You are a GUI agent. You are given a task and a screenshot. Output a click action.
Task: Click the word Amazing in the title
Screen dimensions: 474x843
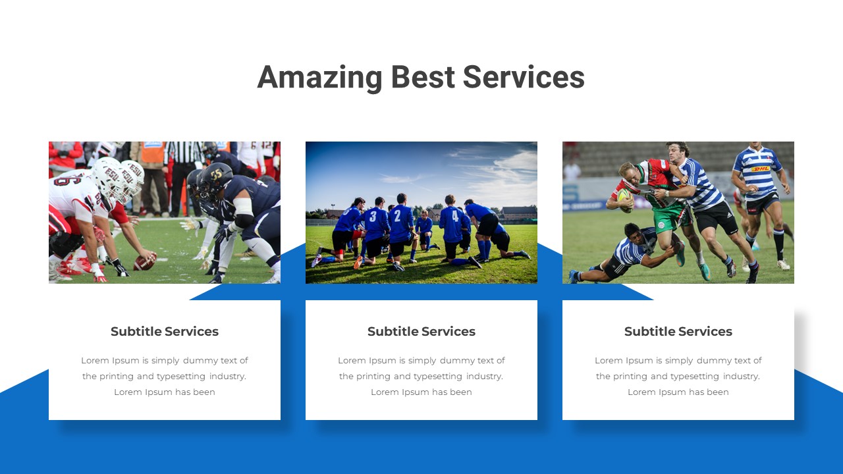[x=319, y=77]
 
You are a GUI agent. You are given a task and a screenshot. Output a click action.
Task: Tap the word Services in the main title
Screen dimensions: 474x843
[x=524, y=77]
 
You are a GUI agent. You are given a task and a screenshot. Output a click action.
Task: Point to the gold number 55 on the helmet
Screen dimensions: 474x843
[x=216, y=174]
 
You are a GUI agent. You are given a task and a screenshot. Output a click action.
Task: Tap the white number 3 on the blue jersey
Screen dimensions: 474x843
[x=373, y=217]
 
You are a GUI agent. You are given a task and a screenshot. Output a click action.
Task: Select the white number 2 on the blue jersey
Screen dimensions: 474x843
[x=397, y=215]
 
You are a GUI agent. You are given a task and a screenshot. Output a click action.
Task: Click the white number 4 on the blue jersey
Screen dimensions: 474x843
[x=455, y=216]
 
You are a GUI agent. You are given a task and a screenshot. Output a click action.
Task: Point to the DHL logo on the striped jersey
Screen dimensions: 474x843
[x=761, y=169]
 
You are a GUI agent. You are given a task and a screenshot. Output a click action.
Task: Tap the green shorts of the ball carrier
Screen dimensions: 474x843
[x=668, y=217]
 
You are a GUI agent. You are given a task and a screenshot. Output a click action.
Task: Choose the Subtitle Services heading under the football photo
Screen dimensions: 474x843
[x=165, y=332]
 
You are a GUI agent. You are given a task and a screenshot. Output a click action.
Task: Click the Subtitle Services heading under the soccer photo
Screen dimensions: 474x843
[x=421, y=332]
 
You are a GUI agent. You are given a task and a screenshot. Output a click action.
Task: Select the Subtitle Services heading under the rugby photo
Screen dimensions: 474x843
[x=678, y=332]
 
